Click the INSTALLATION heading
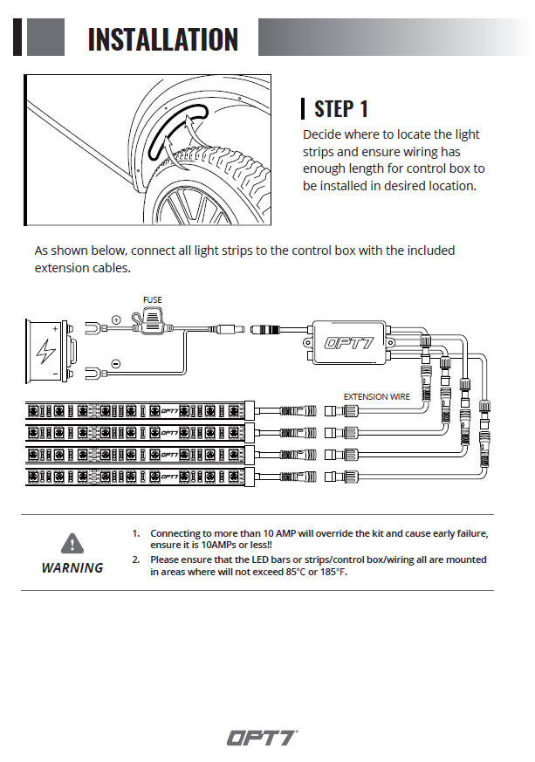pyautogui.click(x=163, y=39)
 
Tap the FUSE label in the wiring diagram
pyautogui.click(x=153, y=299)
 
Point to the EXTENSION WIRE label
pyautogui.click(x=376, y=396)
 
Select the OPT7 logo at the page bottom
pyautogui.click(x=263, y=737)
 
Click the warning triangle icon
pyautogui.click(x=72, y=543)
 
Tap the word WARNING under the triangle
pyautogui.click(x=72, y=567)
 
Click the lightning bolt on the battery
pyautogui.click(x=45, y=353)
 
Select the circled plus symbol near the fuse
pyautogui.click(x=116, y=320)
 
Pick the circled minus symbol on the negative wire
pyautogui.click(x=116, y=363)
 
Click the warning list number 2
pyautogui.click(x=136, y=559)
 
